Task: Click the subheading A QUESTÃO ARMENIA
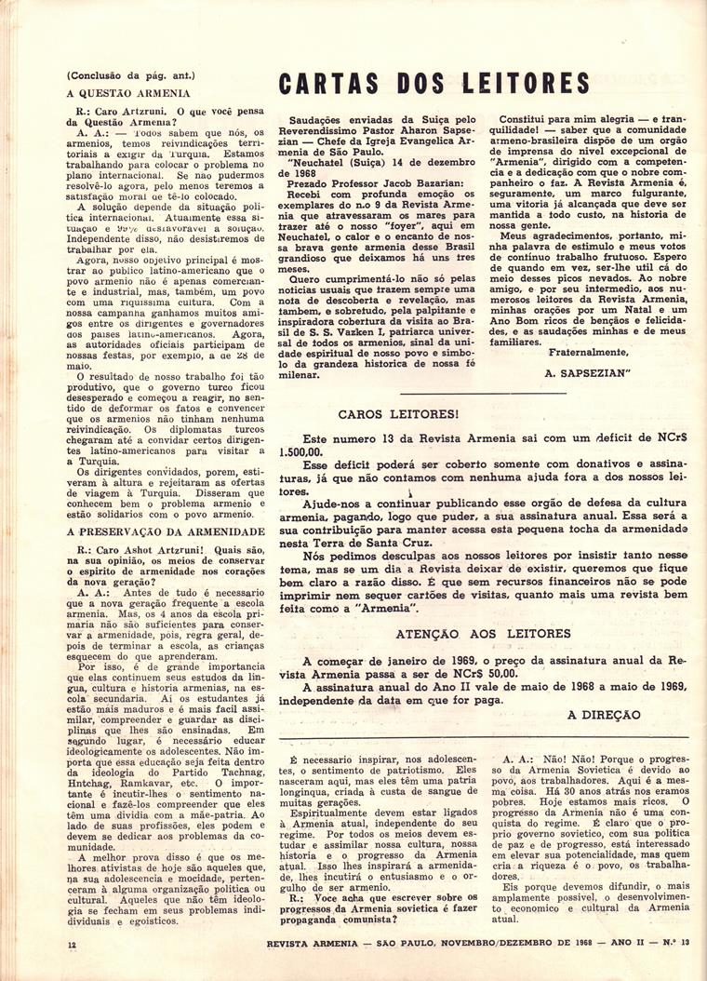[x=129, y=93]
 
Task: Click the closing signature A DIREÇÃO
[x=604, y=715]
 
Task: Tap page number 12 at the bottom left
[x=72, y=944]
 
